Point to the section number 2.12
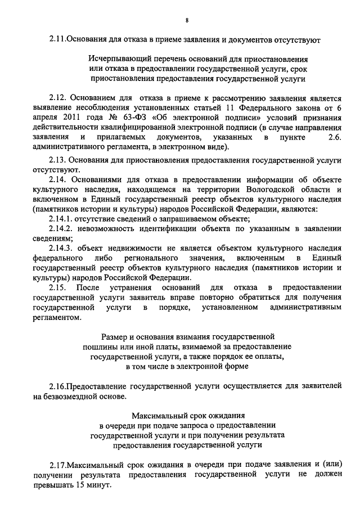coord(58,99)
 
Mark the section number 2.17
coord(57,464)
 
